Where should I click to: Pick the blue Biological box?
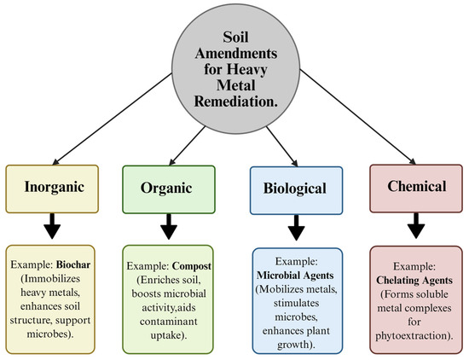290,186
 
